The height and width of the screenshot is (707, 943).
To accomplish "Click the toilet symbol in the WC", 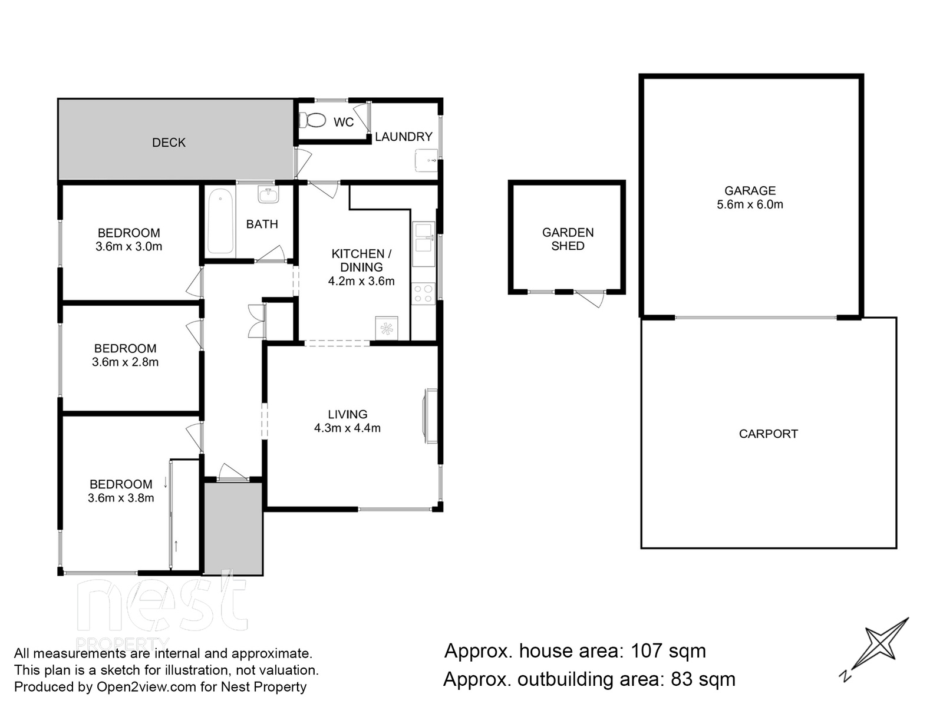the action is [x=312, y=120].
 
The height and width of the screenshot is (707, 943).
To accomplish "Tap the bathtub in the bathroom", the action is [x=220, y=222].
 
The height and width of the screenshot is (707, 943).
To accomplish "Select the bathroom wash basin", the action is [x=269, y=194].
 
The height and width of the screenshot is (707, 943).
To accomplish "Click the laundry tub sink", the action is [x=426, y=160].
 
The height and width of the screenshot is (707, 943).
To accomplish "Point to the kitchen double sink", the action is [x=424, y=244].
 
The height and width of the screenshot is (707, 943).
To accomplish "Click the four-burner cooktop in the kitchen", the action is [x=423, y=293].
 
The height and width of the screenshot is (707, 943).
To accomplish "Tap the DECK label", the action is [x=169, y=143].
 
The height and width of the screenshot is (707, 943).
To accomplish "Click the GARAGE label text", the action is [x=750, y=190].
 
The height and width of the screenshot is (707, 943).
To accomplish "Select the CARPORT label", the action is [x=769, y=434].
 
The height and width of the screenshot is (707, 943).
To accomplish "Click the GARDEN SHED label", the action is [x=568, y=239].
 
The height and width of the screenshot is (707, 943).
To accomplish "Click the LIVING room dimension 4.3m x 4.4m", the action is [x=347, y=428].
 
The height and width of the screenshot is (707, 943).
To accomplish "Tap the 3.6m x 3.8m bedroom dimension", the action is [x=121, y=498].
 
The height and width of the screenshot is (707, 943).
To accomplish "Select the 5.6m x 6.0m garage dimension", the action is [x=750, y=204].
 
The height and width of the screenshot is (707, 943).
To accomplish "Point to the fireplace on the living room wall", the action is [x=430, y=416].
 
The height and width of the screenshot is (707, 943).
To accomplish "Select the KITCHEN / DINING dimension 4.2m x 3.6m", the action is [x=361, y=281].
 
